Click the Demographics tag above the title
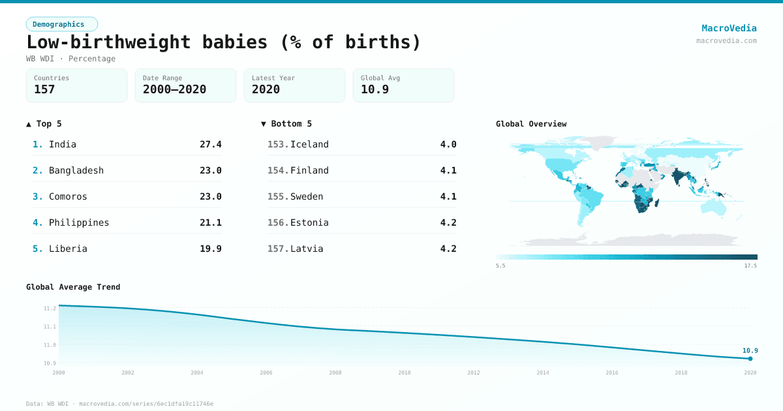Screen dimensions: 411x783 61,24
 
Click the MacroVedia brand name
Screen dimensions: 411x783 729,28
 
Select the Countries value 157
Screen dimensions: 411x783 44,89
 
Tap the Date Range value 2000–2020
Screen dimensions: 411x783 174,89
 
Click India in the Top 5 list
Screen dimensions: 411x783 63,144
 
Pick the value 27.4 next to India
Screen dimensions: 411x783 210,144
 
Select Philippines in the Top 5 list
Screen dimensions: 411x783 79,222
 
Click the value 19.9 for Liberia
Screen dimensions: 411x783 210,249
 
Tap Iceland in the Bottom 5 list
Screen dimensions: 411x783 309,144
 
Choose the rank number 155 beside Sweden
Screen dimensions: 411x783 277,196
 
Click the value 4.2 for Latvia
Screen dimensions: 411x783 448,249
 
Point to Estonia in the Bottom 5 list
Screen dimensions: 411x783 309,222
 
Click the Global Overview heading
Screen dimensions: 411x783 531,124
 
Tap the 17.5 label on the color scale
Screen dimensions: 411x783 750,266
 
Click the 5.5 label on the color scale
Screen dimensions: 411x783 500,266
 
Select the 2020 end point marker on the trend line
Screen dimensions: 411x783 750,358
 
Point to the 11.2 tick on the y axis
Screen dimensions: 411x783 50,308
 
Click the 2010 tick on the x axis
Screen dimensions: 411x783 405,373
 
